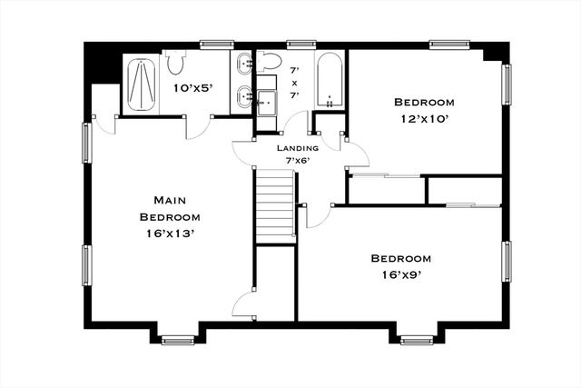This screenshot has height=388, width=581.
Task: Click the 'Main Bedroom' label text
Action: [170, 208]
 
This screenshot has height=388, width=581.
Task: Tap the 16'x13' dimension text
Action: [170, 234]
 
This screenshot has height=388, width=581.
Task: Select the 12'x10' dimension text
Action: [424, 119]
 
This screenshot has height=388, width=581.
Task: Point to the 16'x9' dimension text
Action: [399, 274]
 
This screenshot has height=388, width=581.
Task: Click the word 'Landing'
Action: [298, 147]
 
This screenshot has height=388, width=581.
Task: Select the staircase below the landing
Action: [274, 206]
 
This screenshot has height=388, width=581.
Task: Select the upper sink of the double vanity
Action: [244, 64]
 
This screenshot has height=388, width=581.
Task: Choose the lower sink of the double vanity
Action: [244, 95]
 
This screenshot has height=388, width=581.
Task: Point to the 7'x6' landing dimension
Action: [298, 161]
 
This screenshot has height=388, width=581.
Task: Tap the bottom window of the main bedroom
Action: [173, 341]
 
